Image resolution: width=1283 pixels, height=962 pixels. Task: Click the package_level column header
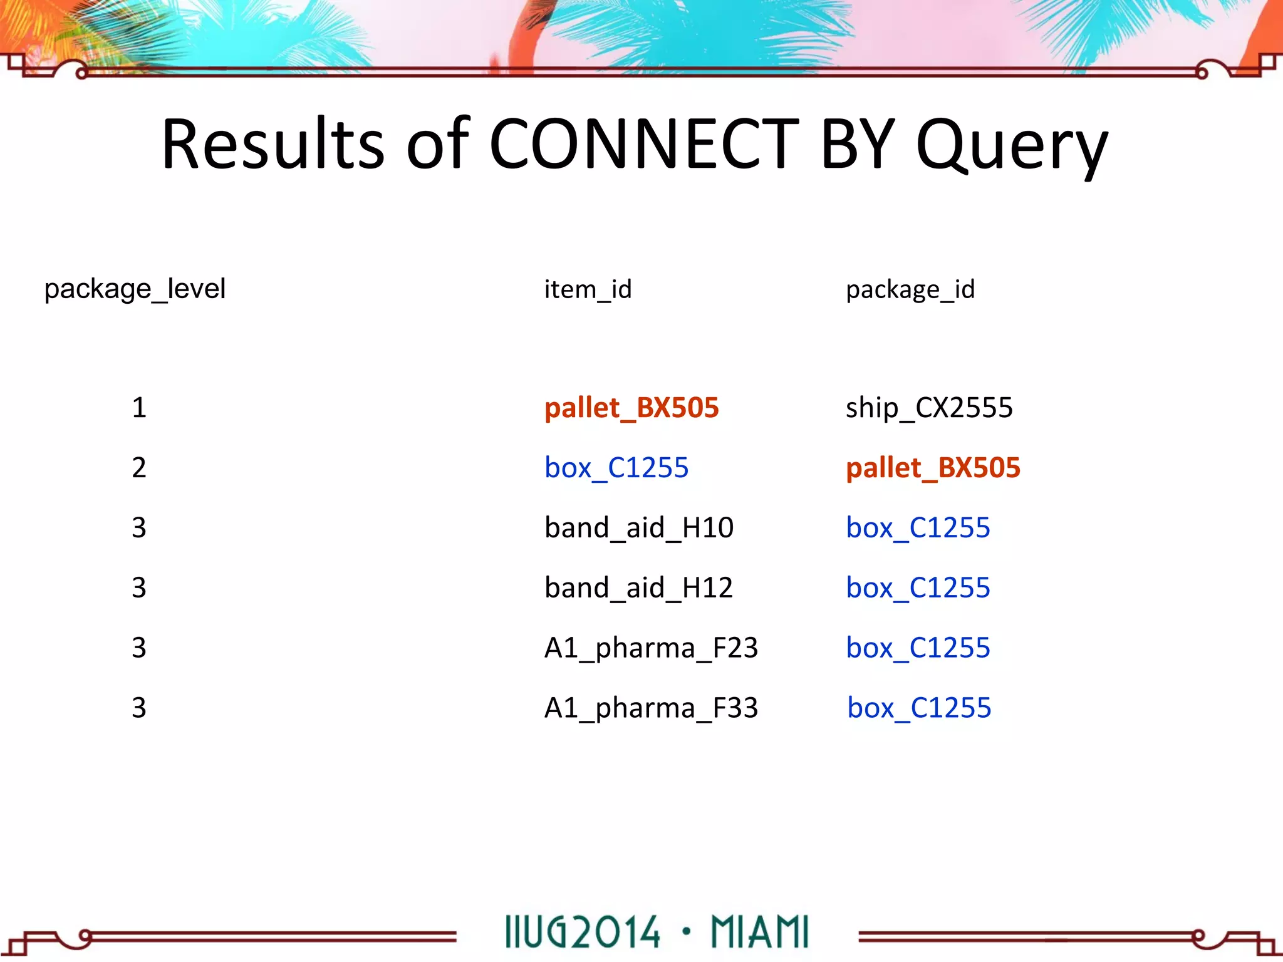tap(135, 289)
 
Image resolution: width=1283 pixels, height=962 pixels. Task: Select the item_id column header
tap(588, 289)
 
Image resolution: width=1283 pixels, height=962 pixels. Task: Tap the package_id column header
tap(910, 289)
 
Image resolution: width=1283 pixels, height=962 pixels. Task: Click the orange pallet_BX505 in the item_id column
tap(631, 408)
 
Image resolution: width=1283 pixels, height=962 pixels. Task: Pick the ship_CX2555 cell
tap(929, 408)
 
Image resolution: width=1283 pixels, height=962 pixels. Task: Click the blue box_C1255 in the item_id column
tap(616, 468)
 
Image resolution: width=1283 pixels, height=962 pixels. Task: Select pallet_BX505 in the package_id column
tap(933, 468)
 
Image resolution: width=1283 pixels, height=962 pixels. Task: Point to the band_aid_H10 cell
tap(639, 527)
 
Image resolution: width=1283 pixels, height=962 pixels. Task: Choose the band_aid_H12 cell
tap(639, 587)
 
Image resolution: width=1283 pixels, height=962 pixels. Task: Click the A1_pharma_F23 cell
tap(652, 648)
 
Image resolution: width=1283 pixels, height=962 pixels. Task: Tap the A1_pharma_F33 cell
tap(652, 708)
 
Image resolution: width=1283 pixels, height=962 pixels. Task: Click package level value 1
tap(139, 408)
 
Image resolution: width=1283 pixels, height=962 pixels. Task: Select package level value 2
tap(139, 468)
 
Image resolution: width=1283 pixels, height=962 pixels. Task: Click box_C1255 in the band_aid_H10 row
tap(918, 527)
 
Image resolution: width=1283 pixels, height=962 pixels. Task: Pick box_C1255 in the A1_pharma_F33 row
tap(919, 708)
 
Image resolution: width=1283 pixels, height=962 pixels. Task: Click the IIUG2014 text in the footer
tap(583, 932)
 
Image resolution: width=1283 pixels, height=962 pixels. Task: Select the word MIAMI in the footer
tap(759, 932)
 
